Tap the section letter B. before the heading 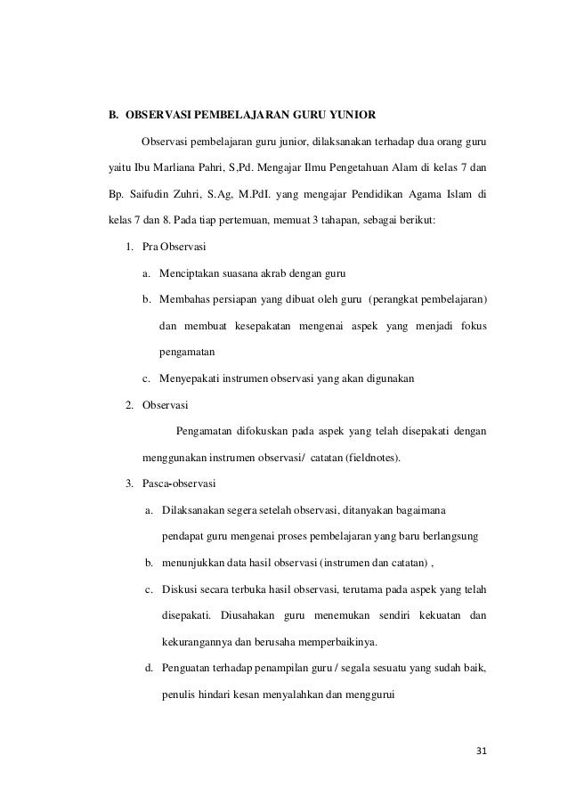pyautogui.click(x=113, y=115)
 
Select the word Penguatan pyautogui.click(x=189, y=669)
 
